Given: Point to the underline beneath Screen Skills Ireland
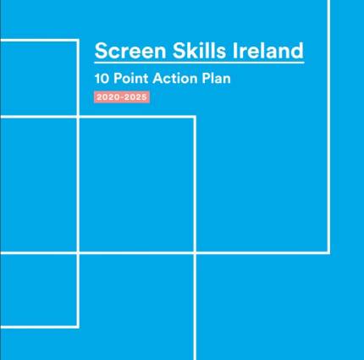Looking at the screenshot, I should (x=199, y=62).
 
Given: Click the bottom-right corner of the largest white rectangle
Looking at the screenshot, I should (x=328, y=252).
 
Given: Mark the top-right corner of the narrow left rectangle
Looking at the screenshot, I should (x=78, y=39).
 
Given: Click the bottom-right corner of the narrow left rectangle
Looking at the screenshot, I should (x=78, y=326).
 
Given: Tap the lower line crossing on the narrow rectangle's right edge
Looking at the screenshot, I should (x=78, y=252).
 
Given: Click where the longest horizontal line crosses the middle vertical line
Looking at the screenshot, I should (x=196, y=252).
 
